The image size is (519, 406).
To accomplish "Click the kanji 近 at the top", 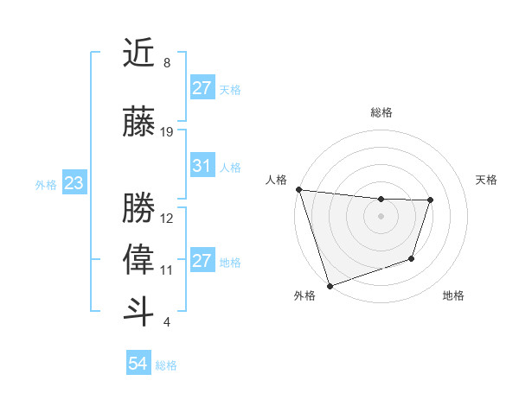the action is tap(138, 54).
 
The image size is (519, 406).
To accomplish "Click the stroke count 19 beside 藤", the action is tap(167, 132).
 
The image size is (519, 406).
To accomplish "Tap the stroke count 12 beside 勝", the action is tap(167, 219).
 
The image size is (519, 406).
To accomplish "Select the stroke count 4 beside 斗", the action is tap(167, 322).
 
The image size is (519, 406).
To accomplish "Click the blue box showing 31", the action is tap(202, 166).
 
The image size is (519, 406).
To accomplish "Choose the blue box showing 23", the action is tap(74, 183).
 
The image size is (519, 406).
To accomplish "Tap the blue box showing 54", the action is tap(138, 365).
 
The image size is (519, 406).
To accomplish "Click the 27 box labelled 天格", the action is tap(202, 88).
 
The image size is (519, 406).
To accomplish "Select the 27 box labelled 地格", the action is tap(202, 261).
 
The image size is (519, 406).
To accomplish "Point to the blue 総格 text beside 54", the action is tap(166, 365).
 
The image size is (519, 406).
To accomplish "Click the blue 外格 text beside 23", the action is tap(46, 184).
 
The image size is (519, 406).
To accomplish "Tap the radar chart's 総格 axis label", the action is tap(381, 112).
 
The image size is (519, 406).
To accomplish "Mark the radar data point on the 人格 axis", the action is tap(298, 189).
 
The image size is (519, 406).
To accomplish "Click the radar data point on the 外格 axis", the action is tap(330, 285).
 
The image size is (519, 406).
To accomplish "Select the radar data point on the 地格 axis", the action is tap(413, 258).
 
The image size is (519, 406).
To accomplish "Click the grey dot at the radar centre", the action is tap(381, 215).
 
